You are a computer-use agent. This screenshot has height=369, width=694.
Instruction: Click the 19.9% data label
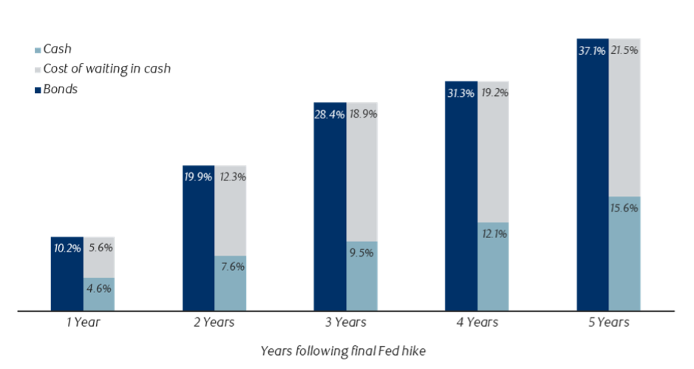pyautogui.click(x=198, y=177)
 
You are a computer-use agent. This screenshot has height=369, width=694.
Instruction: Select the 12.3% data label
pyautogui.click(x=231, y=177)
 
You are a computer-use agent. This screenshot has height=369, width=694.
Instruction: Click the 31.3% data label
pyautogui.click(x=460, y=93)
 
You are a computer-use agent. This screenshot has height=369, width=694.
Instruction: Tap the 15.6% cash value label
pyautogui.click(x=625, y=209)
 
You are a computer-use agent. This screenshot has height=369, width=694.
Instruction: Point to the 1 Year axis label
pyautogui.click(x=83, y=322)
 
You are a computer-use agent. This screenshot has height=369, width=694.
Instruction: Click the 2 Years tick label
pyautogui.click(x=214, y=322)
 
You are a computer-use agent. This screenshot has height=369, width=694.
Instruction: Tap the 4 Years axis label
pyautogui.click(x=477, y=322)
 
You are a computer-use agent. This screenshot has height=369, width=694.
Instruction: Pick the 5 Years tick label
pyautogui.click(x=608, y=322)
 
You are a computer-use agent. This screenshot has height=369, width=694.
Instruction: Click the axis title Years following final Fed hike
pyautogui.click(x=343, y=350)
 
